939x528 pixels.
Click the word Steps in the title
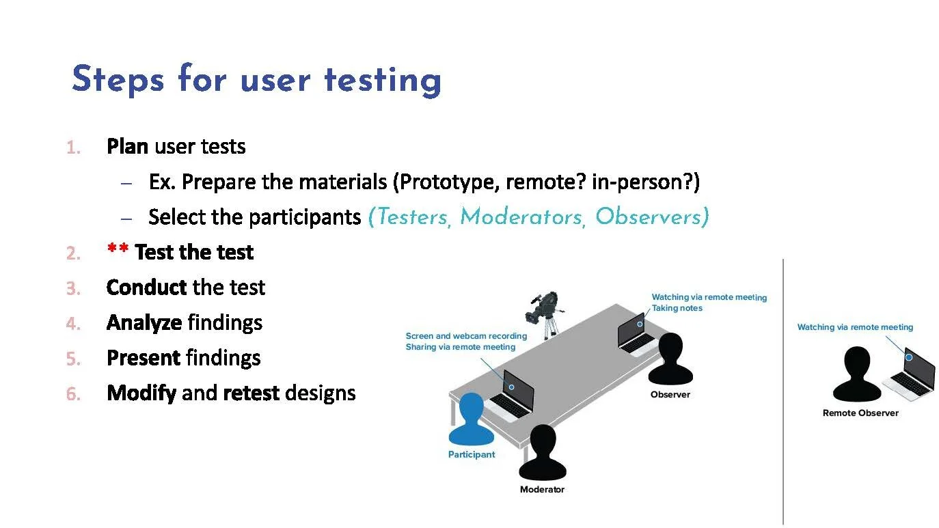[118, 80]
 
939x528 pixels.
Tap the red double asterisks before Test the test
[118, 251]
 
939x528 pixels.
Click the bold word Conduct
[147, 288]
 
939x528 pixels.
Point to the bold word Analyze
[144, 323]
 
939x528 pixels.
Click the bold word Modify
[141, 393]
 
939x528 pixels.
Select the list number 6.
[73, 394]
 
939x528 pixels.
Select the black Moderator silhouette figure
[543, 453]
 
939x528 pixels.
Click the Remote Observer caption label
[860, 413]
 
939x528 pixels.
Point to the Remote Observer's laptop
[910, 373]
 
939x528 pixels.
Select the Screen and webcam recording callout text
[466, 336]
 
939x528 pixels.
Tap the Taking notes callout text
[677, 308]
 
